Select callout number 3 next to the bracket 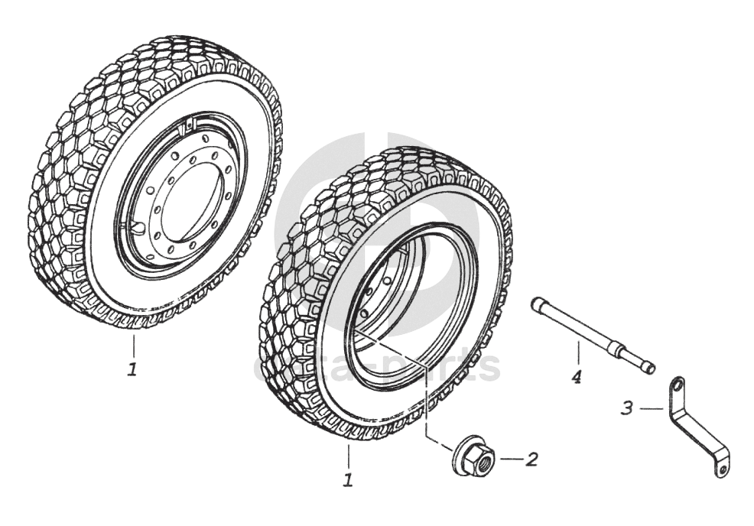click(x=627, y=408)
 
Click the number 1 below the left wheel click(x=132, y=369)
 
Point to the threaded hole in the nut click(x=483, y=459)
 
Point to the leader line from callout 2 click(x=510, y=459)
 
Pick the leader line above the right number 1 click(x=348, y=457)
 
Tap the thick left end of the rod click(x=538, y=304)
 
